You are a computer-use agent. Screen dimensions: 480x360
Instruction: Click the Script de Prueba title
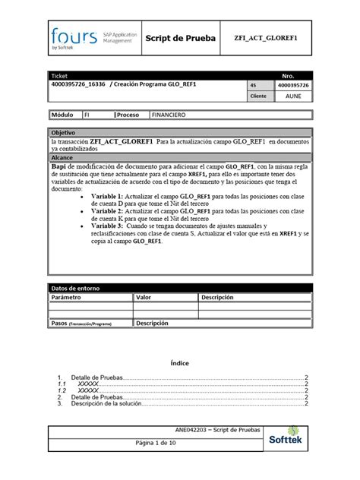pyautogui.click(x=180, y=37)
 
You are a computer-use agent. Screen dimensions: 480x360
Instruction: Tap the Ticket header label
pyautogui.click(x=58, y=77)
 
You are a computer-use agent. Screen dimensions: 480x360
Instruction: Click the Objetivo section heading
pyautogui.click(x=64, y=132)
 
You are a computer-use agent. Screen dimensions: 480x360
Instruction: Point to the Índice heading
pyautogui.click(x=179, y=363)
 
